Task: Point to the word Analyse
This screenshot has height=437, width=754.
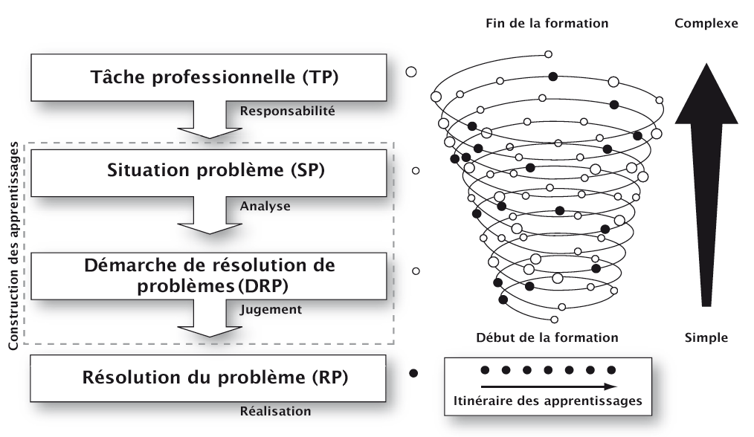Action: click(265, 206)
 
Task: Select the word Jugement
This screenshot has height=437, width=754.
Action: click(271, 309)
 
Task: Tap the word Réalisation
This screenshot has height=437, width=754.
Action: click(276, 410)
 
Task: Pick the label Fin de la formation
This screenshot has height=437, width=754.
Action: click(547, 23)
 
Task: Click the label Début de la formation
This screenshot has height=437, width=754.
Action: click(547, 337)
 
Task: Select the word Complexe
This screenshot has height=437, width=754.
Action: click(706, 23)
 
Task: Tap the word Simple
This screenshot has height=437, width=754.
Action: click(706, 337)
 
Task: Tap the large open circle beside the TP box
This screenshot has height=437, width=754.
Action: click(410, 72)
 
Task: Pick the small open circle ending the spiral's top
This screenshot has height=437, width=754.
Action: click(549, 54)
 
